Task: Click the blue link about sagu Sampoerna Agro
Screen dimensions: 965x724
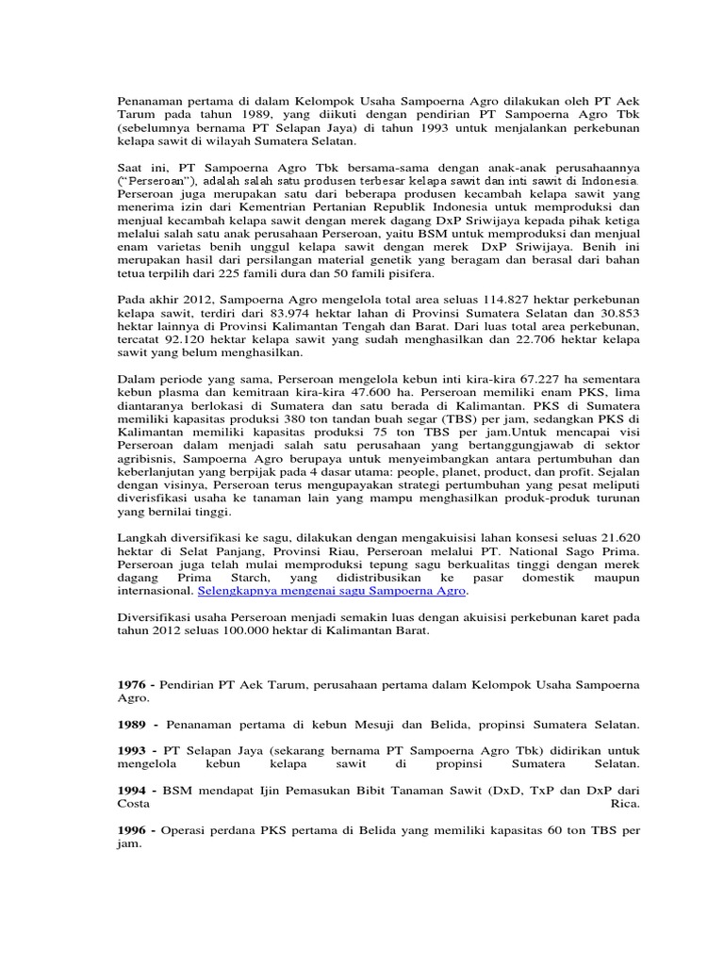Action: (332, 591)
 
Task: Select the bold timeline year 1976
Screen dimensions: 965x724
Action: (131, 683)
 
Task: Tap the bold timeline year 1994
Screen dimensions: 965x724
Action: (131, 789)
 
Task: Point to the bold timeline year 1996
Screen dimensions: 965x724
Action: (131, 831)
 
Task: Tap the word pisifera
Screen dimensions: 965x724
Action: (407, 273)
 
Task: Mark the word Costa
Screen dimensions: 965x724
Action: (133, 804)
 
